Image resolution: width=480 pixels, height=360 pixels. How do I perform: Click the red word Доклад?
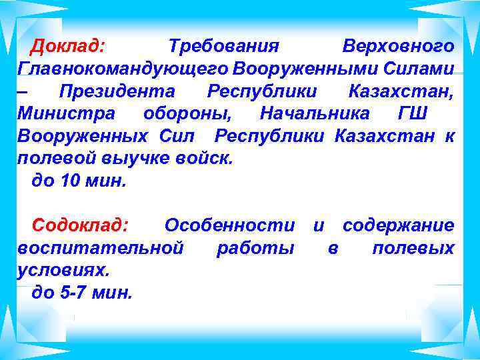click(69, 47)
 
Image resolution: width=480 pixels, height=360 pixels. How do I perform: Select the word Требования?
click(223, 47)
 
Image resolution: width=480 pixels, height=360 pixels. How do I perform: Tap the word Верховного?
click(398, 47)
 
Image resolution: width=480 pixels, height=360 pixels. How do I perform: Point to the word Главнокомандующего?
click(123, 69)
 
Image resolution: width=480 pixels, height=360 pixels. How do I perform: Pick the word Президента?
click(116, 91)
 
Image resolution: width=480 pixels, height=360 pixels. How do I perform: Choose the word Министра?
click(66, 113)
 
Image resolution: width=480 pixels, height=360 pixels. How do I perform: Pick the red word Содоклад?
click(81, 225)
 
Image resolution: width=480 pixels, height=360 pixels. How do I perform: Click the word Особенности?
click(230, 225)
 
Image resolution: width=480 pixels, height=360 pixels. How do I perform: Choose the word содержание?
click(398, 225)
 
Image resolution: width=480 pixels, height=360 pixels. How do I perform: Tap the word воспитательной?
click(101, 249)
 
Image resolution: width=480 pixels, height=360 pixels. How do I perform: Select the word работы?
click(255, 249)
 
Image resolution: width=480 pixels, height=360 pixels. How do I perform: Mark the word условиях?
click(64, 271)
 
